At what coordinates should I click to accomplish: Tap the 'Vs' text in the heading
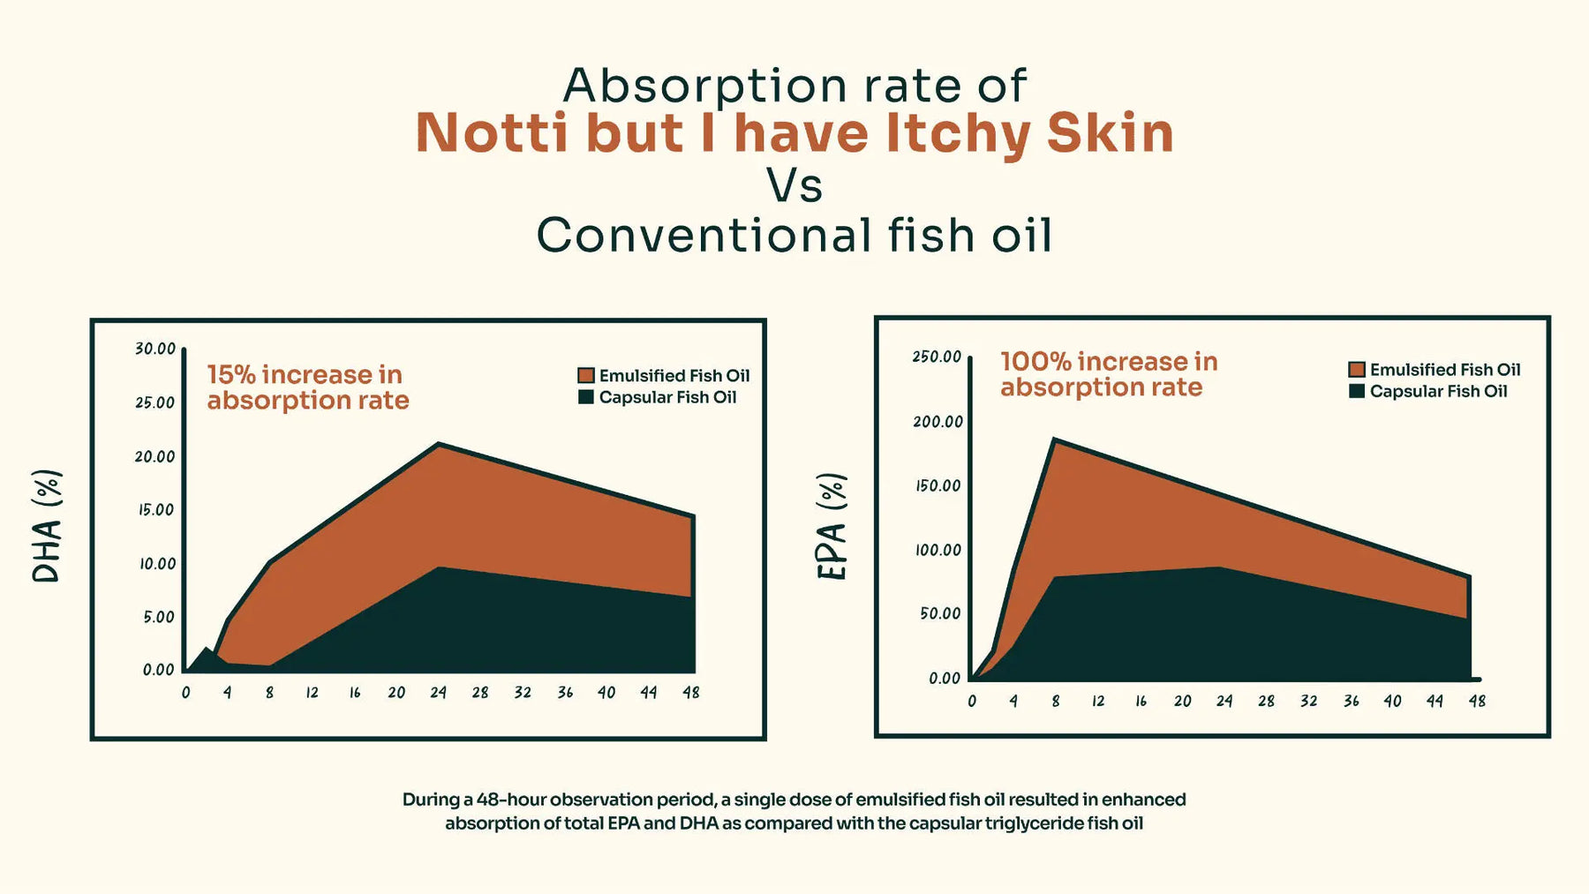[794, 185]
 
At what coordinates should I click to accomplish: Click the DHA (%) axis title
[47, 526]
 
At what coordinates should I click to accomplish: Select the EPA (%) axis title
[832, 527]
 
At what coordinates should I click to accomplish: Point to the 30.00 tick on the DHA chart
[155, 349]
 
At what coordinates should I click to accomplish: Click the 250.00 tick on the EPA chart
[937, 357]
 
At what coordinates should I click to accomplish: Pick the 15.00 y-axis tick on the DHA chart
[156, 510]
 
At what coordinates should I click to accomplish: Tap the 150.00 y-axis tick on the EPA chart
[937, 485]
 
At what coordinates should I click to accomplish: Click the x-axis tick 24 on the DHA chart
[438, 693]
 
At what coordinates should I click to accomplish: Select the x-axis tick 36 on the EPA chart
[1351, 701]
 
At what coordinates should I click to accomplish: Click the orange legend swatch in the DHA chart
[585, 375]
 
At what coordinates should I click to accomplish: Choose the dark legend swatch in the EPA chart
[1357, 391]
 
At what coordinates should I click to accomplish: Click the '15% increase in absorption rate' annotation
[307, 387]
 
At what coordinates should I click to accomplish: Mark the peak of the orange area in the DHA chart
[438, 445]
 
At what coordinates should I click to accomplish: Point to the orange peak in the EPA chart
[1054, 440]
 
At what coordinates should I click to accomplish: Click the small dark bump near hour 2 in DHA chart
[207, 653]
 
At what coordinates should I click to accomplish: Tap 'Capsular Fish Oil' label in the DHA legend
[667, 397]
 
